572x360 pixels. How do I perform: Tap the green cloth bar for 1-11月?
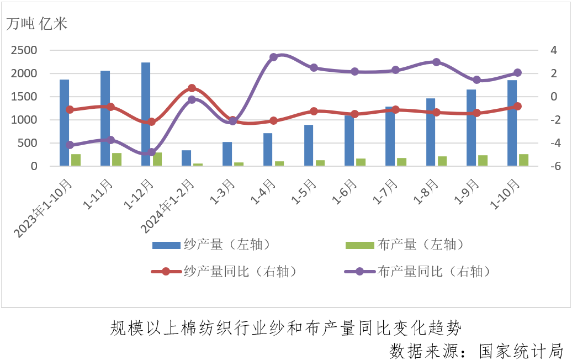(x=116, y=159)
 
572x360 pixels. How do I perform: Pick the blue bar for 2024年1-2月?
(x=187, y=158)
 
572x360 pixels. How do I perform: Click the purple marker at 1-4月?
(x=273, y=57)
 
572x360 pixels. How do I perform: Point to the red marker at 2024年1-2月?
(x=192, y=88)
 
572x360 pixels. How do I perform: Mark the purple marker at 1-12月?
(x=151, y=152)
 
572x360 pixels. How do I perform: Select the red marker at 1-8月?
(x=436, y=112)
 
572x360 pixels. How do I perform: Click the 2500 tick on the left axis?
(x=24, y=50)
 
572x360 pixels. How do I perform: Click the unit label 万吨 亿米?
(x=37, y=24)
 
